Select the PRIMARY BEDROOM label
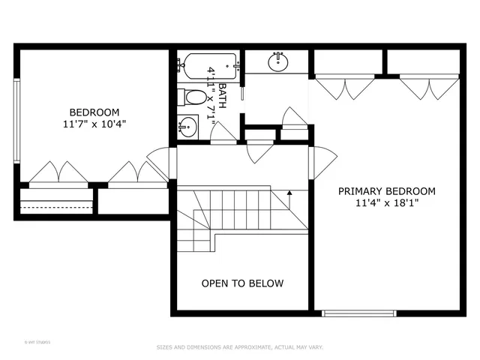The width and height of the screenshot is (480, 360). coord(386,191)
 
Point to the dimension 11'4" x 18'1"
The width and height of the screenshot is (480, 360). coord(386,203)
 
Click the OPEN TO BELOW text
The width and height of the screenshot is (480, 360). coord(242,283)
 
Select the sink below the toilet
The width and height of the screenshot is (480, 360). coord(187,128)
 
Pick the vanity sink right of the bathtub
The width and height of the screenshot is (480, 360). coord(279,59)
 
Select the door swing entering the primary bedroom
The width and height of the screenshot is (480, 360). coord(324,160)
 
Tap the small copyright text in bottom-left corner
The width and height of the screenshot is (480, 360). coord(37,341)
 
